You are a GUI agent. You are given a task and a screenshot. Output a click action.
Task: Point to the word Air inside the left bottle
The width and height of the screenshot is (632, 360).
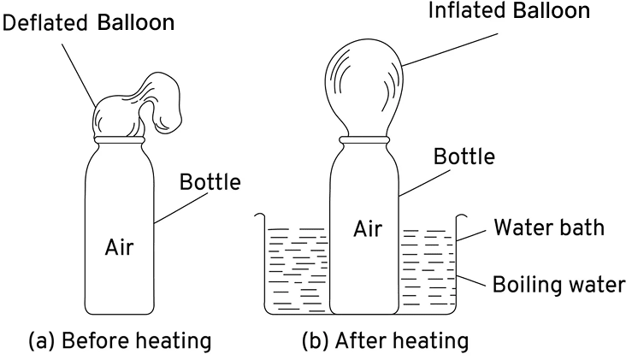tap(119, 248)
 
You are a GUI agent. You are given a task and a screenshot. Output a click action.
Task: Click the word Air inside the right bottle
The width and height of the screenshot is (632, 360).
tap(368, 229)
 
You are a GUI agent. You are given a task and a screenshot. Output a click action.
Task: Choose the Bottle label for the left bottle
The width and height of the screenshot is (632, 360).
tap(210, 182)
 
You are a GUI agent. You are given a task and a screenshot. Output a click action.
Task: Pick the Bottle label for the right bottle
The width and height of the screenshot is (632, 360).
tap(464, 157)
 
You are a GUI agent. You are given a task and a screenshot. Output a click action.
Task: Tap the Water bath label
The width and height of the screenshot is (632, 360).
tap(548, 227)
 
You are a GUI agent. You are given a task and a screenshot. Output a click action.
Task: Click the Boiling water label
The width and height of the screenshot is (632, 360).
tap(558, 284)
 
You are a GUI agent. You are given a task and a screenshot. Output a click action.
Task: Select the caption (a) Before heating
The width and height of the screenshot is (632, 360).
tap(119, 340)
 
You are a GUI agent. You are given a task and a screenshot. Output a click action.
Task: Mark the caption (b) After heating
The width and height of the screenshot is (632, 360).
tap(385, 340)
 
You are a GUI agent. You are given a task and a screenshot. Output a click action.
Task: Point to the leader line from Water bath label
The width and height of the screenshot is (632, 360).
tap(475, 233)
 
